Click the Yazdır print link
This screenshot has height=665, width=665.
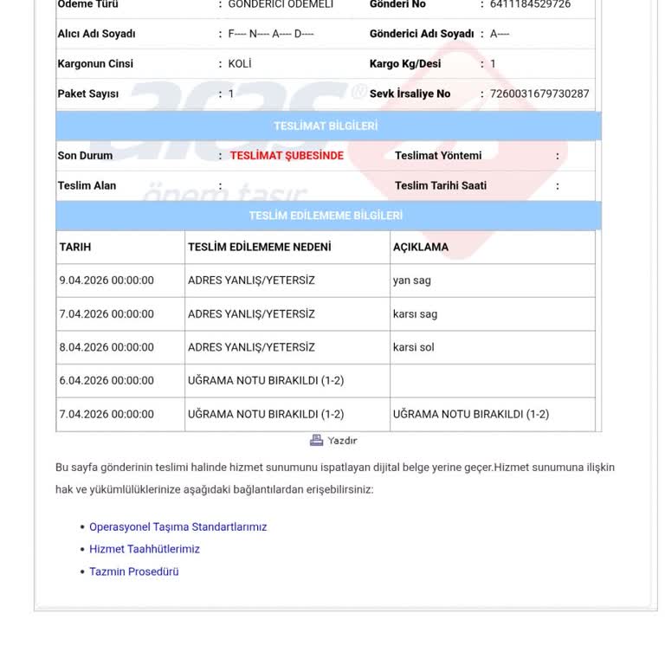coord(342,441)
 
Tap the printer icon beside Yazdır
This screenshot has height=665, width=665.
coord(317,441)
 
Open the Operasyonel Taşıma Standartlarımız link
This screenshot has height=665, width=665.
coord(178,526)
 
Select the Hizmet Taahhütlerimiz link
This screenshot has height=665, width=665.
coord(145,549)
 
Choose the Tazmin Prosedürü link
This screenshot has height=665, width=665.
coord(133,571)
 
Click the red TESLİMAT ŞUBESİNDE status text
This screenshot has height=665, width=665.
coord(287,156)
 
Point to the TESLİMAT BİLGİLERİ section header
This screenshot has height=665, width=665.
coord(326,126)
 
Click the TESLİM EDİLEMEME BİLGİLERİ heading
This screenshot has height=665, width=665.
coord(326,216)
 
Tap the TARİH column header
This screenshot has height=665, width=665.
coord(75,247)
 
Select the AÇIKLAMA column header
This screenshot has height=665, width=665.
coord(421,247)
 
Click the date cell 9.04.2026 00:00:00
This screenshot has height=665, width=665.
coord(107,281)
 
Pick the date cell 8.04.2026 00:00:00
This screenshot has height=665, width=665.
coord(107,347)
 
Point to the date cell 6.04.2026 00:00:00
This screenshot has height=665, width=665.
coord(107,380)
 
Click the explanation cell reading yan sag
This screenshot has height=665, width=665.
coord(411,281)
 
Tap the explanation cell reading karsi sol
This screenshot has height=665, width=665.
coord(413,347)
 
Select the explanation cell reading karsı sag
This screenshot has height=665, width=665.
coord(415,314)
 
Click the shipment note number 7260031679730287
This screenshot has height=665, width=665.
coord(539,94)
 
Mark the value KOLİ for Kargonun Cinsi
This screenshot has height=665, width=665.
coord(240,64)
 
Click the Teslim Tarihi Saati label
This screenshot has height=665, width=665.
coord(441,185)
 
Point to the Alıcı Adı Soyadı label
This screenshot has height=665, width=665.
coord(96,34)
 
